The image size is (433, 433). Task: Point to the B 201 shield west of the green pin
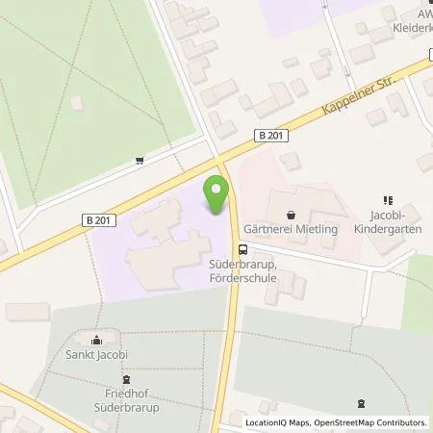tap(106, 220)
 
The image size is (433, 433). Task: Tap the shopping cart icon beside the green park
tap(141, 160)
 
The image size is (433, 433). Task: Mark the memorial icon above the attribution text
tap(360, 403)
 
